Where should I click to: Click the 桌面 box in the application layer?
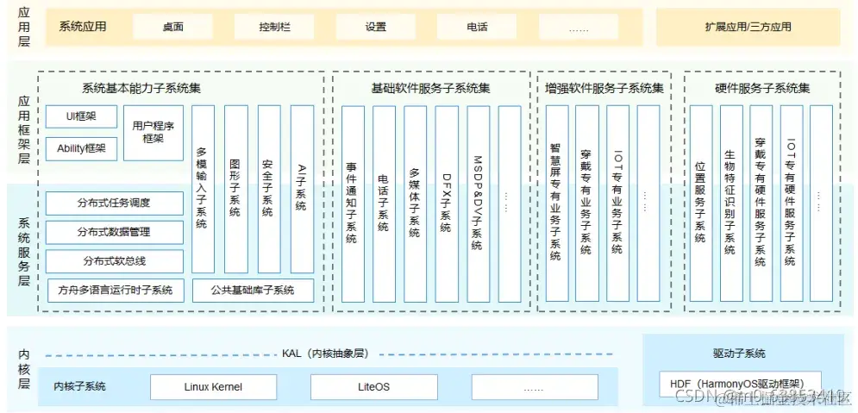172,27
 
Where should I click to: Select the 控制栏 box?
274,27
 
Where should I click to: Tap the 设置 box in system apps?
375,27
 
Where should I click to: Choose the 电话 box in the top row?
477,27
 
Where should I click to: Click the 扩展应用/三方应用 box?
748,27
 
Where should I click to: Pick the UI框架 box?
81,116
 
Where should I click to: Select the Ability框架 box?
81,148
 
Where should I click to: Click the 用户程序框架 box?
153,132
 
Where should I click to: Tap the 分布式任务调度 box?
114,203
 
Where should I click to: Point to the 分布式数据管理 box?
114,232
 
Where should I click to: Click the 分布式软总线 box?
114,261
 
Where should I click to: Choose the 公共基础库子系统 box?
253,290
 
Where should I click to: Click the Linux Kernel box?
213,387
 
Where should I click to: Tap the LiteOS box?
373,387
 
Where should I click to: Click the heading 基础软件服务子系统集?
430,88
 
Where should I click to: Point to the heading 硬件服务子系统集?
762,88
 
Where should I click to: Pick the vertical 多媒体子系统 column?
415,203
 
